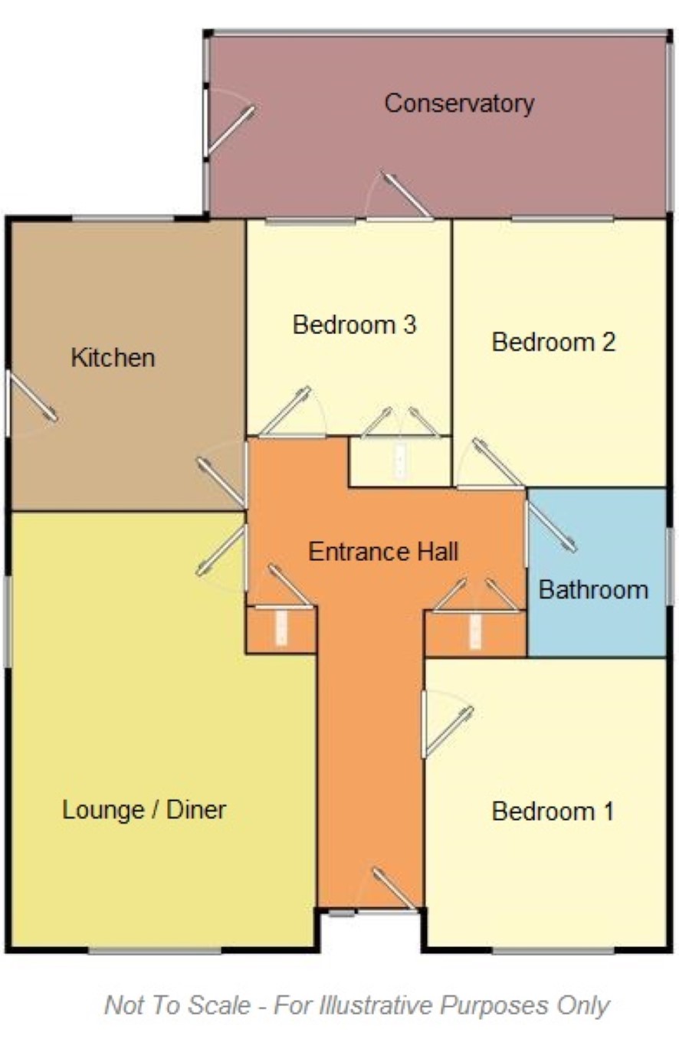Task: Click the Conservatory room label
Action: tap(459, 103)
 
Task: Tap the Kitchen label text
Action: tap(113, 358)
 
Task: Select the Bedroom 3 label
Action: tap(355, 325)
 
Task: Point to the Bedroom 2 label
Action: tap(553, 343)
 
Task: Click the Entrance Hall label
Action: tap(383, 552)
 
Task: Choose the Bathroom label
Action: tap(593, 590)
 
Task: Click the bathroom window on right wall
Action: tap(669, 567)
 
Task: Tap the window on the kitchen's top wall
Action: tap(123, 218)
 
